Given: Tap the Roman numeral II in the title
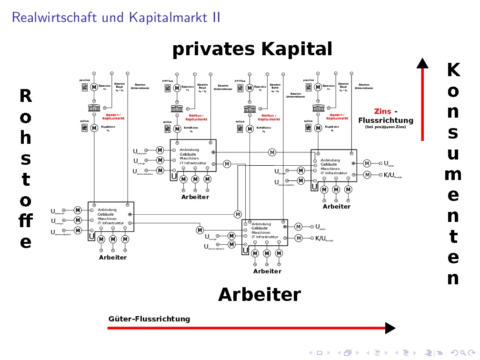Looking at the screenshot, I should [216, 18].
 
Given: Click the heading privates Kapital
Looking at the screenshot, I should [252, 50].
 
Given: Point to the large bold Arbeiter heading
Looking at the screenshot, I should [259, 295].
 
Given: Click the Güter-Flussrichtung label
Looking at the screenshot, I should [149, 319].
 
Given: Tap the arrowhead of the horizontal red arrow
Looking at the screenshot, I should [390, 328].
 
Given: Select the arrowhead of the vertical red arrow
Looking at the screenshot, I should [422, 64].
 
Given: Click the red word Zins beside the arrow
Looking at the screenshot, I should [382, 111].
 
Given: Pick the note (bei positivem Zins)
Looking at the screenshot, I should [385, 127].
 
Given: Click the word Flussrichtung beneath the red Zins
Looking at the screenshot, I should [386, 120].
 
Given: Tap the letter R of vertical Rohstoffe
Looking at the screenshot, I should [26, 96].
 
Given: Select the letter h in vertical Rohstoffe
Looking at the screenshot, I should [26, 138].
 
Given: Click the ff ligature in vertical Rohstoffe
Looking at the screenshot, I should [26, 221].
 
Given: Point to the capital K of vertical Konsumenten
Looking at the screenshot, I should [453, 70].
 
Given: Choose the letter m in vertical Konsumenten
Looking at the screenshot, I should [453, 175].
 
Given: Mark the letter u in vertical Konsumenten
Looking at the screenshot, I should [453, 154].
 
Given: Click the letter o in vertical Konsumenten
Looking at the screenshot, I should [453, 91].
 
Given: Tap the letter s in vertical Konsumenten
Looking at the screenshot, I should [453, 133].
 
